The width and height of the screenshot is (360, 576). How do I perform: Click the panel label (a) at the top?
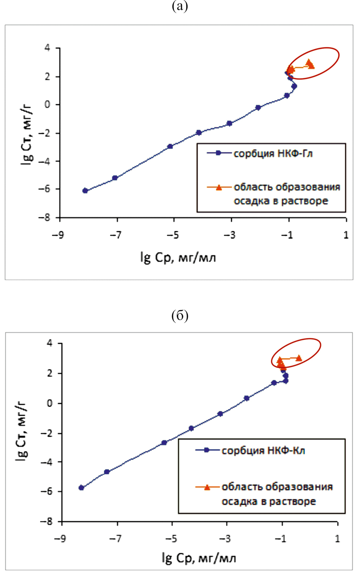[x=180, y=6]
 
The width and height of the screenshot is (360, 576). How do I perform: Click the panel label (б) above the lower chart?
[x=180, y=316]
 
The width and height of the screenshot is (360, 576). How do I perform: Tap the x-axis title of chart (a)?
[x=178, y=257]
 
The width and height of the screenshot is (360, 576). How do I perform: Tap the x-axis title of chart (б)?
[x=199, y=558]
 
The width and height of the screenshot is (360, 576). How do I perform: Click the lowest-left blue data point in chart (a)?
[x=85, y=191]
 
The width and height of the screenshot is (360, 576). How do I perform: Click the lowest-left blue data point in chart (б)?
[x=81, y=488]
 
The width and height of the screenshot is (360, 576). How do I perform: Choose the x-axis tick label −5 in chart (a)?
[x=173, y=235]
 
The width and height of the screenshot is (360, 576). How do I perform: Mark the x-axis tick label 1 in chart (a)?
[x=346, y=235]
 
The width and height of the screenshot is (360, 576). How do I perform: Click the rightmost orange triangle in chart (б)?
[x=299, y=358]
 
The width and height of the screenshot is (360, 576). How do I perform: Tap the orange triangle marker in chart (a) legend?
[x=219, y=187]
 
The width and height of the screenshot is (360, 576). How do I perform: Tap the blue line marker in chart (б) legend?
[x=207, y=450]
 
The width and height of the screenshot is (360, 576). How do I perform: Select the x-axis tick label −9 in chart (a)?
[x=58, y=235]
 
